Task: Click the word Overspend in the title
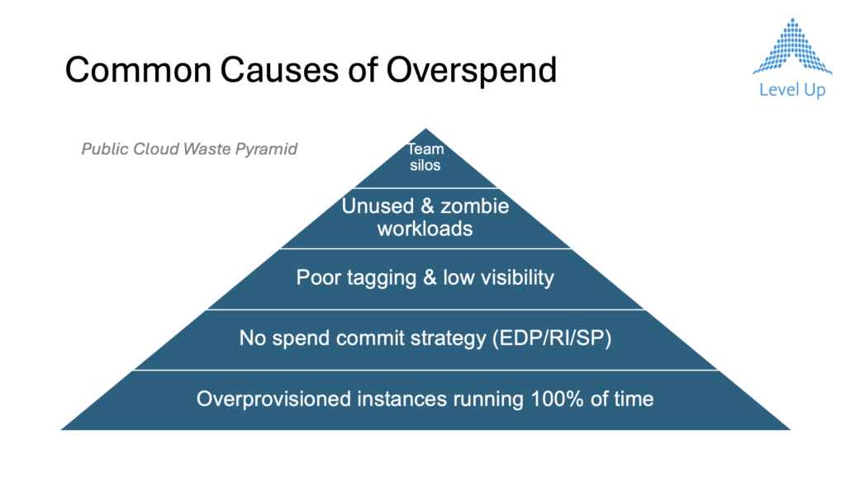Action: click(x=471, y=71)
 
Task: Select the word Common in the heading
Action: click(x=138, y=70)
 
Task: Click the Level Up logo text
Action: click(x=792, y=90)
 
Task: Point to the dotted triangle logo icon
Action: click(x=792, y=46)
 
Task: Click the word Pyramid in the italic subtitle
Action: click(x=266, y=149)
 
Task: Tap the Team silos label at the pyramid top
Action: click(x=425, y=157)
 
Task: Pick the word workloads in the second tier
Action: click(x=425, y=229)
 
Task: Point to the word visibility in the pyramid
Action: click(x=517, y=277)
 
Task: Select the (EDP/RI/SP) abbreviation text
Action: click(x=552, y=338)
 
